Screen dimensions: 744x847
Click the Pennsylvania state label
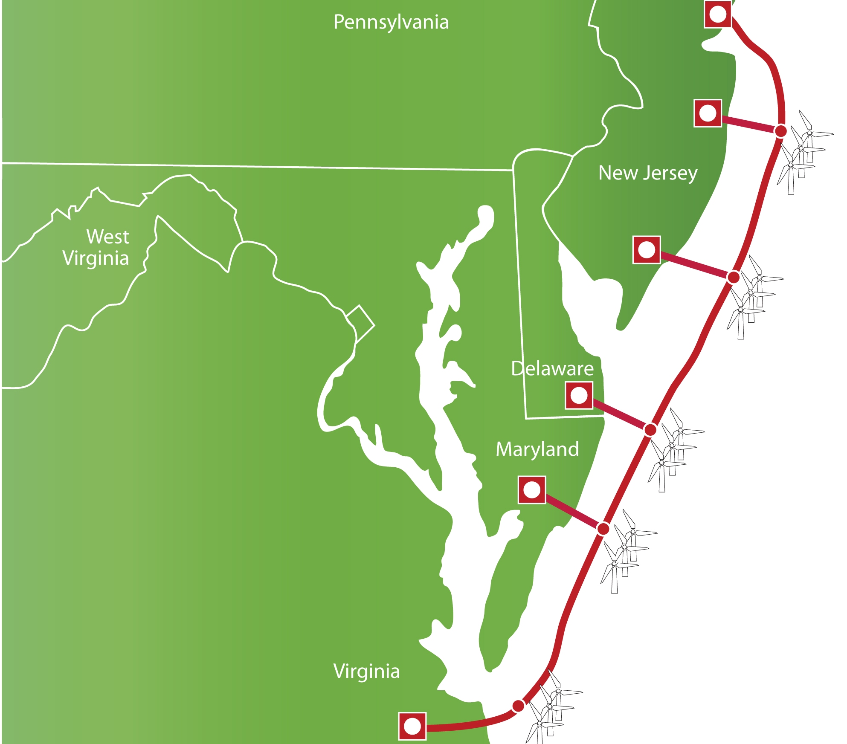[391, 22]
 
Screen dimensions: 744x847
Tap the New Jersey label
[647, 173]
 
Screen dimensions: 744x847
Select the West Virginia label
[96, 247]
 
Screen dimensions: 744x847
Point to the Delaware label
[552, 368]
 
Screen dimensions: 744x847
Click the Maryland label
[537, 449]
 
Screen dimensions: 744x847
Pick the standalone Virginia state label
[366, 671]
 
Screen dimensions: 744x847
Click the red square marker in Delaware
[579, 395]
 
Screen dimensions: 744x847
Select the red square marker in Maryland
[532, 490]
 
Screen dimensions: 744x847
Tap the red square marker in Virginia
[412, 726]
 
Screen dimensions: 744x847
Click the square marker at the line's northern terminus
[718, 14]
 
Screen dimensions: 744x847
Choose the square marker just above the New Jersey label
[708, 113]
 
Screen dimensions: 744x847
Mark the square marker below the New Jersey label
[647, 250]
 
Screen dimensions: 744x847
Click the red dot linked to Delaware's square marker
[650, 430]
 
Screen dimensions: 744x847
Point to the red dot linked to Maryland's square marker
[603, 529]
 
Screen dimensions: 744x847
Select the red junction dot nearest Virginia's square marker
[518, 706]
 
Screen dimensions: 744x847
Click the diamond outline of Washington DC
[360, 323]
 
